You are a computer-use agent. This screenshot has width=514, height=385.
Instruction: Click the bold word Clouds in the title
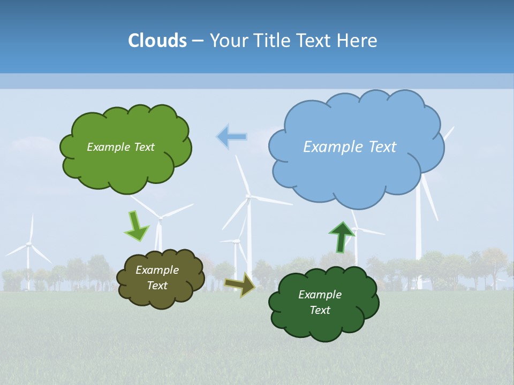point(157,41)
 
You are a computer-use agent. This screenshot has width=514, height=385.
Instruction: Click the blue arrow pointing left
point(231,136)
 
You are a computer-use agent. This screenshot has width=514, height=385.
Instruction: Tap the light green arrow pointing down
point(136,226)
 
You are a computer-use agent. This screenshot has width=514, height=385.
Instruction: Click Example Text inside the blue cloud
point(350,147)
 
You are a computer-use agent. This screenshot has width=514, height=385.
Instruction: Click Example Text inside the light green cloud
point(120,147)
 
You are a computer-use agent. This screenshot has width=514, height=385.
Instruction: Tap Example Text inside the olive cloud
point(157,278)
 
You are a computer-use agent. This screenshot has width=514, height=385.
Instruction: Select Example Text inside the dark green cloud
point(320,302)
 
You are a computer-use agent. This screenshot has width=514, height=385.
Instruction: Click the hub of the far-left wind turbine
point(29,244)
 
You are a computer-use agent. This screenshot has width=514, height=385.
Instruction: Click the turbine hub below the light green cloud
point(160,217)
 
